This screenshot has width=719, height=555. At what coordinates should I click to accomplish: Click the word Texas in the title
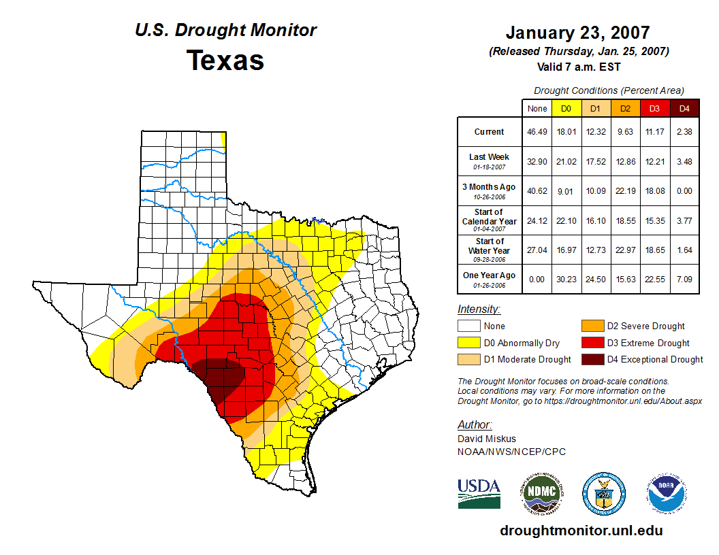pyautogui.click(x=225, y=61)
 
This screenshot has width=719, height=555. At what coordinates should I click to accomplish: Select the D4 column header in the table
pyautogui.click(x=684, y=108)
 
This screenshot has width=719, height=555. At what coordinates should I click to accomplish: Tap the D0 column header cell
pyautogui.click(x=566, y=108)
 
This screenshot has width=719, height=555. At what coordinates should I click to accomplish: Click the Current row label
pyautogui.click(x=490, y=132)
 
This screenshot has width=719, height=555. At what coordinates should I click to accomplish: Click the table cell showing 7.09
pyautogui.click(x=684, y=279)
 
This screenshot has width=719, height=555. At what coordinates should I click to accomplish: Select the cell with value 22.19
pyautogui.click(x=626, y=190)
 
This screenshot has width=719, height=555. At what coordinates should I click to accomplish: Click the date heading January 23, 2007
pyautogui.click(x=577, y=33)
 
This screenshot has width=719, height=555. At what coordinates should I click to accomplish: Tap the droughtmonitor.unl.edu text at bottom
pyautogui.click(x=581, y=531)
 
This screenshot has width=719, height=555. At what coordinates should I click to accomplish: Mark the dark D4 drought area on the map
pyautogui.click(x=221, y=381)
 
